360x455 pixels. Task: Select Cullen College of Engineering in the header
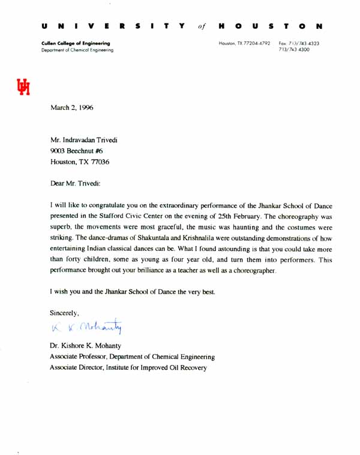tap(76, 44)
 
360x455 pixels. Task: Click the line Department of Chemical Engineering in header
tap(77, 50)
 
